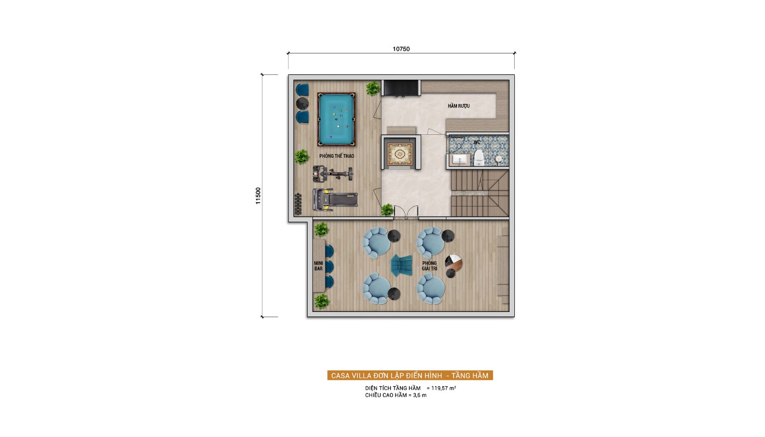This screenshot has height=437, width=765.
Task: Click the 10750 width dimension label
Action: tap(401, 49)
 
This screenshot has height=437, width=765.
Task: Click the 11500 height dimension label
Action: tap(258, 196)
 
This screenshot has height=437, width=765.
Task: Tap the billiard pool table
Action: tap(337, 119)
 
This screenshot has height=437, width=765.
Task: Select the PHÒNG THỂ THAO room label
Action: tap(337, 156)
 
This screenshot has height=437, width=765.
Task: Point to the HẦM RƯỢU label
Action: tap(458, 106)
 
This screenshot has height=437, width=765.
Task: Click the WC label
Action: tap(476, 143)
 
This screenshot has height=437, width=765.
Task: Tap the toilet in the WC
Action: tap(479, 158)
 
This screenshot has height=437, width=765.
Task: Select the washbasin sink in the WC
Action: tap(460, 160)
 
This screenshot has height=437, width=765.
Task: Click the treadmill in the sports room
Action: tap(335, 199)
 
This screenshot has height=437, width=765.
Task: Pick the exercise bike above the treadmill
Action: tap(333, 174)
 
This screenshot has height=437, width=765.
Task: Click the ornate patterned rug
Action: tap(400, 154)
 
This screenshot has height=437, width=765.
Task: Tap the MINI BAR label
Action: tap(318, 266)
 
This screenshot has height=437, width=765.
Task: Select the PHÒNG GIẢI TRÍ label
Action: tap(429, 266)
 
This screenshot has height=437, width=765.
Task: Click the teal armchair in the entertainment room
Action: tap(401, 265)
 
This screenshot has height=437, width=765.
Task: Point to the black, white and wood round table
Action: tap(454, 263)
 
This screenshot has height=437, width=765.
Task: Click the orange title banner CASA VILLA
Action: tap(410, 376)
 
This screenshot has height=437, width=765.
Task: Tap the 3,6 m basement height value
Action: tap(420, 395)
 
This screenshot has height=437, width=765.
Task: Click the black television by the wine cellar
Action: tap(401, 88)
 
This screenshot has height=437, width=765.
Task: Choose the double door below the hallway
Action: tap(406, 212)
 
